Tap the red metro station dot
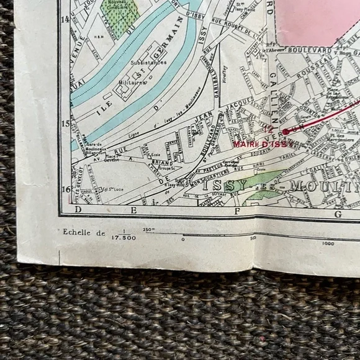pos(284,132)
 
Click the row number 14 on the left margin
pos(65,19)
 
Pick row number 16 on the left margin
pos(65,189)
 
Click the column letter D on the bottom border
pos(78,211)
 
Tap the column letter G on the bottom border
pos(338,215)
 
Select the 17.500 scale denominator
pos(124,236)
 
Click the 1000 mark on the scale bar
pos(328,243)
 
